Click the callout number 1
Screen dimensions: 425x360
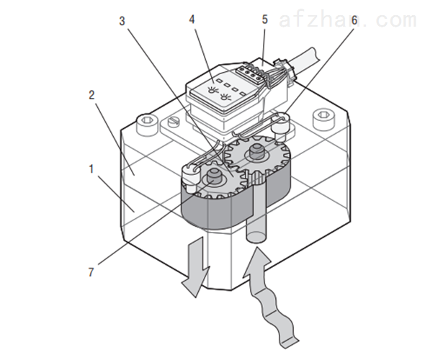coord(91,169)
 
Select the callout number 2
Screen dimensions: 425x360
coord(91,95)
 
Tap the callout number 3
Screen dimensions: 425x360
coord(122,21)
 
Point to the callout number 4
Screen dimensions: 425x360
coord(192,19)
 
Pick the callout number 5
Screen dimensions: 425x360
coord(264,19)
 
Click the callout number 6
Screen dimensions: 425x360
coord(354,20)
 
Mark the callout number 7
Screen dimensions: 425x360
coord(91,271)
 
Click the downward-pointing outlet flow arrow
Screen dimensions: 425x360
coord(197,267)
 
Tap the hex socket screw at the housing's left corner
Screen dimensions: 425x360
coord(147,125)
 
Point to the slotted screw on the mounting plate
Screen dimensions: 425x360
coord(174,121)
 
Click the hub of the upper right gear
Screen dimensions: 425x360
coord(256,153)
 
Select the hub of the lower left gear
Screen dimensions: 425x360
coord(214,176)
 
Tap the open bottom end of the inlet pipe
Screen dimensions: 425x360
coord(256,238)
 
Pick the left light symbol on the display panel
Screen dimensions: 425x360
coord(212,90)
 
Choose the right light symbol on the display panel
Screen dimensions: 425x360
coord(225,96)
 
